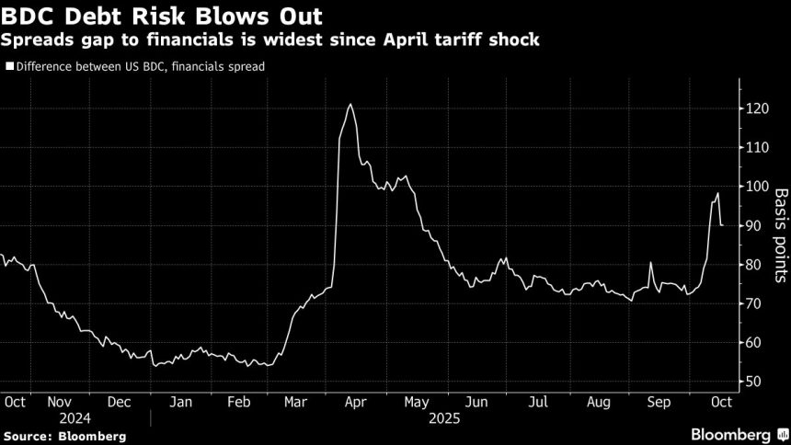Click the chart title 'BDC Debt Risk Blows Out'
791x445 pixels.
click(x=167, y=17)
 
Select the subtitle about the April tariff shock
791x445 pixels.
click(x=271, y=41)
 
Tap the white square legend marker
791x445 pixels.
click(x=9, y=66)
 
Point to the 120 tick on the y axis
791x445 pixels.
click(x=757, y=109)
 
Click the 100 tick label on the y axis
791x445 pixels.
click(x=757, y=187)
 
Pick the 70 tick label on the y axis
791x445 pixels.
click(x=753, y=303)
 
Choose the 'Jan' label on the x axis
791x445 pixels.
click(x=181, y=402)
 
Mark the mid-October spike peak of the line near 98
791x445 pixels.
click(x=717, y=193)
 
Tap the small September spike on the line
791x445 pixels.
click(x=650, y=263)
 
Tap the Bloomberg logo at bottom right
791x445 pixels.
click(x=732, y=433)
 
